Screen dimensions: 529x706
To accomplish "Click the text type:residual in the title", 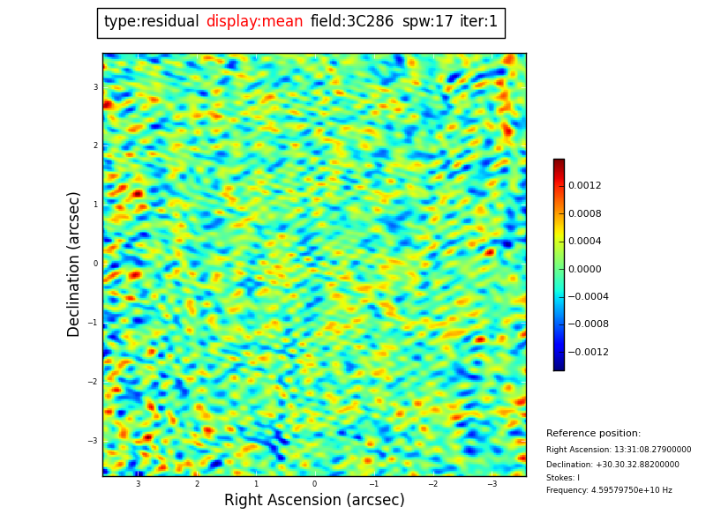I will coord(152,22).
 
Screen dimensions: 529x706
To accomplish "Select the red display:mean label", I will coord(254,22).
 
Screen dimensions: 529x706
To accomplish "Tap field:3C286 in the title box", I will coord(352,22).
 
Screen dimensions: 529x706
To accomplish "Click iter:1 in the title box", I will coord(479,22).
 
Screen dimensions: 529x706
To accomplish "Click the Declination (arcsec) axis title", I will coord(75,264).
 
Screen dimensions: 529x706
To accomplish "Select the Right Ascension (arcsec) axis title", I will coord(314,501).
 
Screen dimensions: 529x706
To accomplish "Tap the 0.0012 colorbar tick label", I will coord(584,186).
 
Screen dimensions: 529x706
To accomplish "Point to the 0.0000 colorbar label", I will coord(584,269).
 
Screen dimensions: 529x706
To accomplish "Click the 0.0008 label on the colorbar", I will coord(584,213).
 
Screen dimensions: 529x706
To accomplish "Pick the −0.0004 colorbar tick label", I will coord(588,297).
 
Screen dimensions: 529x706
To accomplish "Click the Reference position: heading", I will coord(593,434).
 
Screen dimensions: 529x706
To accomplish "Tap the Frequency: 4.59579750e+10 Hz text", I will coord(609,490).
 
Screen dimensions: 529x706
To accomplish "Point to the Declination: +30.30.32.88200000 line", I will coord(612,465).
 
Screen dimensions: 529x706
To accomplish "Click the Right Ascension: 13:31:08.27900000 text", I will coord(619,450).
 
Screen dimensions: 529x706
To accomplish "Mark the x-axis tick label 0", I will coord(314,484).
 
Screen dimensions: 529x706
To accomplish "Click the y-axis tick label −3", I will coord(94,441).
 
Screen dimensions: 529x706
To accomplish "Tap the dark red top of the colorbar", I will coord(559,163).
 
